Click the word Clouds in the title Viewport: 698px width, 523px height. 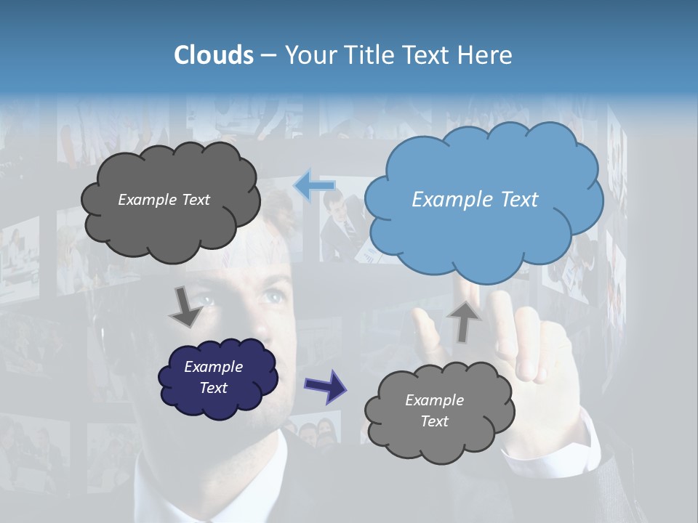pos(214,55)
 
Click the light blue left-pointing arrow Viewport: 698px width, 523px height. pos(315,185)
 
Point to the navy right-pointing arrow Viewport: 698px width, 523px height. pos(325,386)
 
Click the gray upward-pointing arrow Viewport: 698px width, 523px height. pos(465,320)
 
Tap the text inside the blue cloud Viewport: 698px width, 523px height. pos(475,200)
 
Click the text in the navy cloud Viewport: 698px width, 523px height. pos(214,378)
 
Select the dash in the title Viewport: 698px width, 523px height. pos(268,55)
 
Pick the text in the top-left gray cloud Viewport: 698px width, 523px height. pos(164,200)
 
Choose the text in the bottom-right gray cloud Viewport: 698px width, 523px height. pos(434,410)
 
